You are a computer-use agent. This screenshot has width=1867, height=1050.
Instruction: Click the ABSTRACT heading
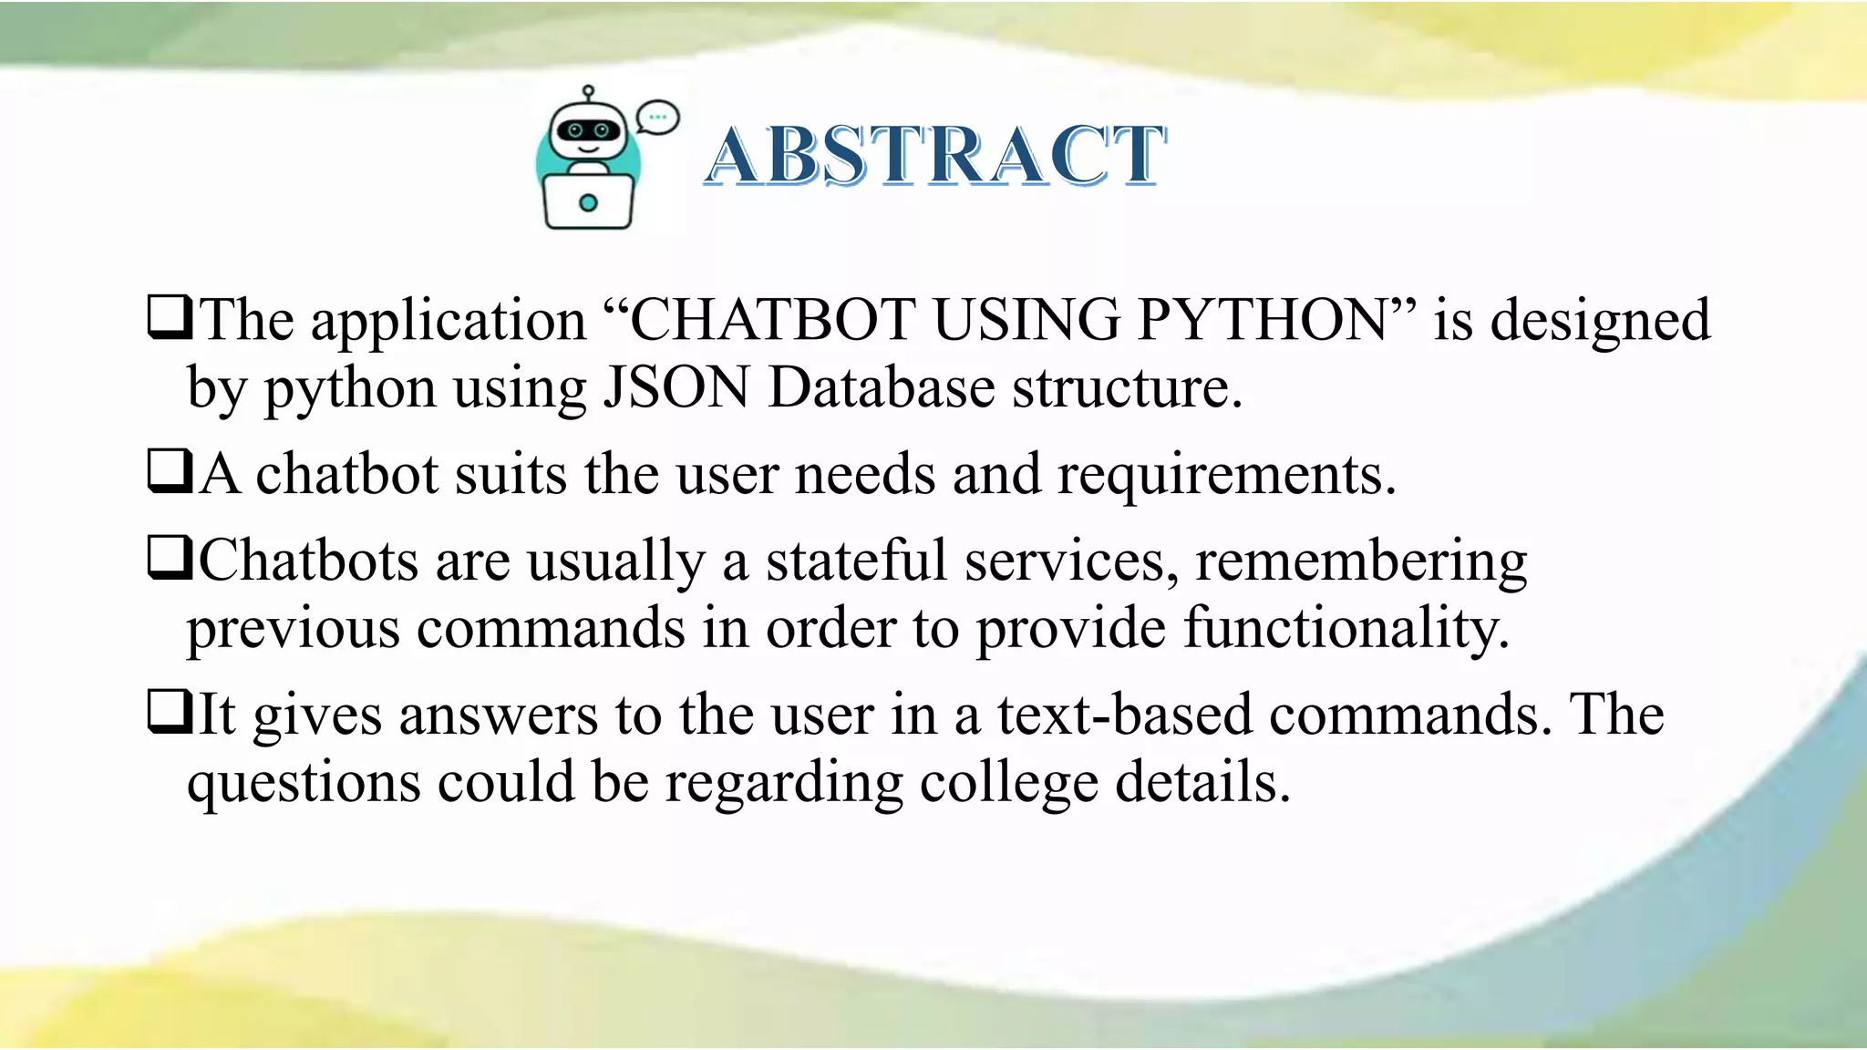[x=935, y=156]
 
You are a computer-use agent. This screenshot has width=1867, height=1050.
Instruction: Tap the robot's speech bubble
[x=657, y=118]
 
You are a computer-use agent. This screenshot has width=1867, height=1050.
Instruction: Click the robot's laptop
[x=588, y=201]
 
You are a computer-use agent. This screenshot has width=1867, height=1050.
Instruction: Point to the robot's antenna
[x=588, y=93]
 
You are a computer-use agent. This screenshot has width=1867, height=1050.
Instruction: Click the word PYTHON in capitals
[x=1263, y=320]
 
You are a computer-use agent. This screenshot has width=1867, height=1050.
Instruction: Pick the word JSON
[x=677, y=388]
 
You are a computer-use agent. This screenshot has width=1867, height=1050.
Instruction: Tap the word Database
[x=882, y=388]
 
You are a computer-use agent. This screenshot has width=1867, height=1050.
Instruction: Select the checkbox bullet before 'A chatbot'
[x=170, y=471]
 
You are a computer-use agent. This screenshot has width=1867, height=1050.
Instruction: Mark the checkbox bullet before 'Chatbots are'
[x=170, y=557]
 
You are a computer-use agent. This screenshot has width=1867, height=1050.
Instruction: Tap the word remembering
[x=1361, y=561]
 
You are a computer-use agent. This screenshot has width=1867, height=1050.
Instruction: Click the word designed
[x=1600, y=322]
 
